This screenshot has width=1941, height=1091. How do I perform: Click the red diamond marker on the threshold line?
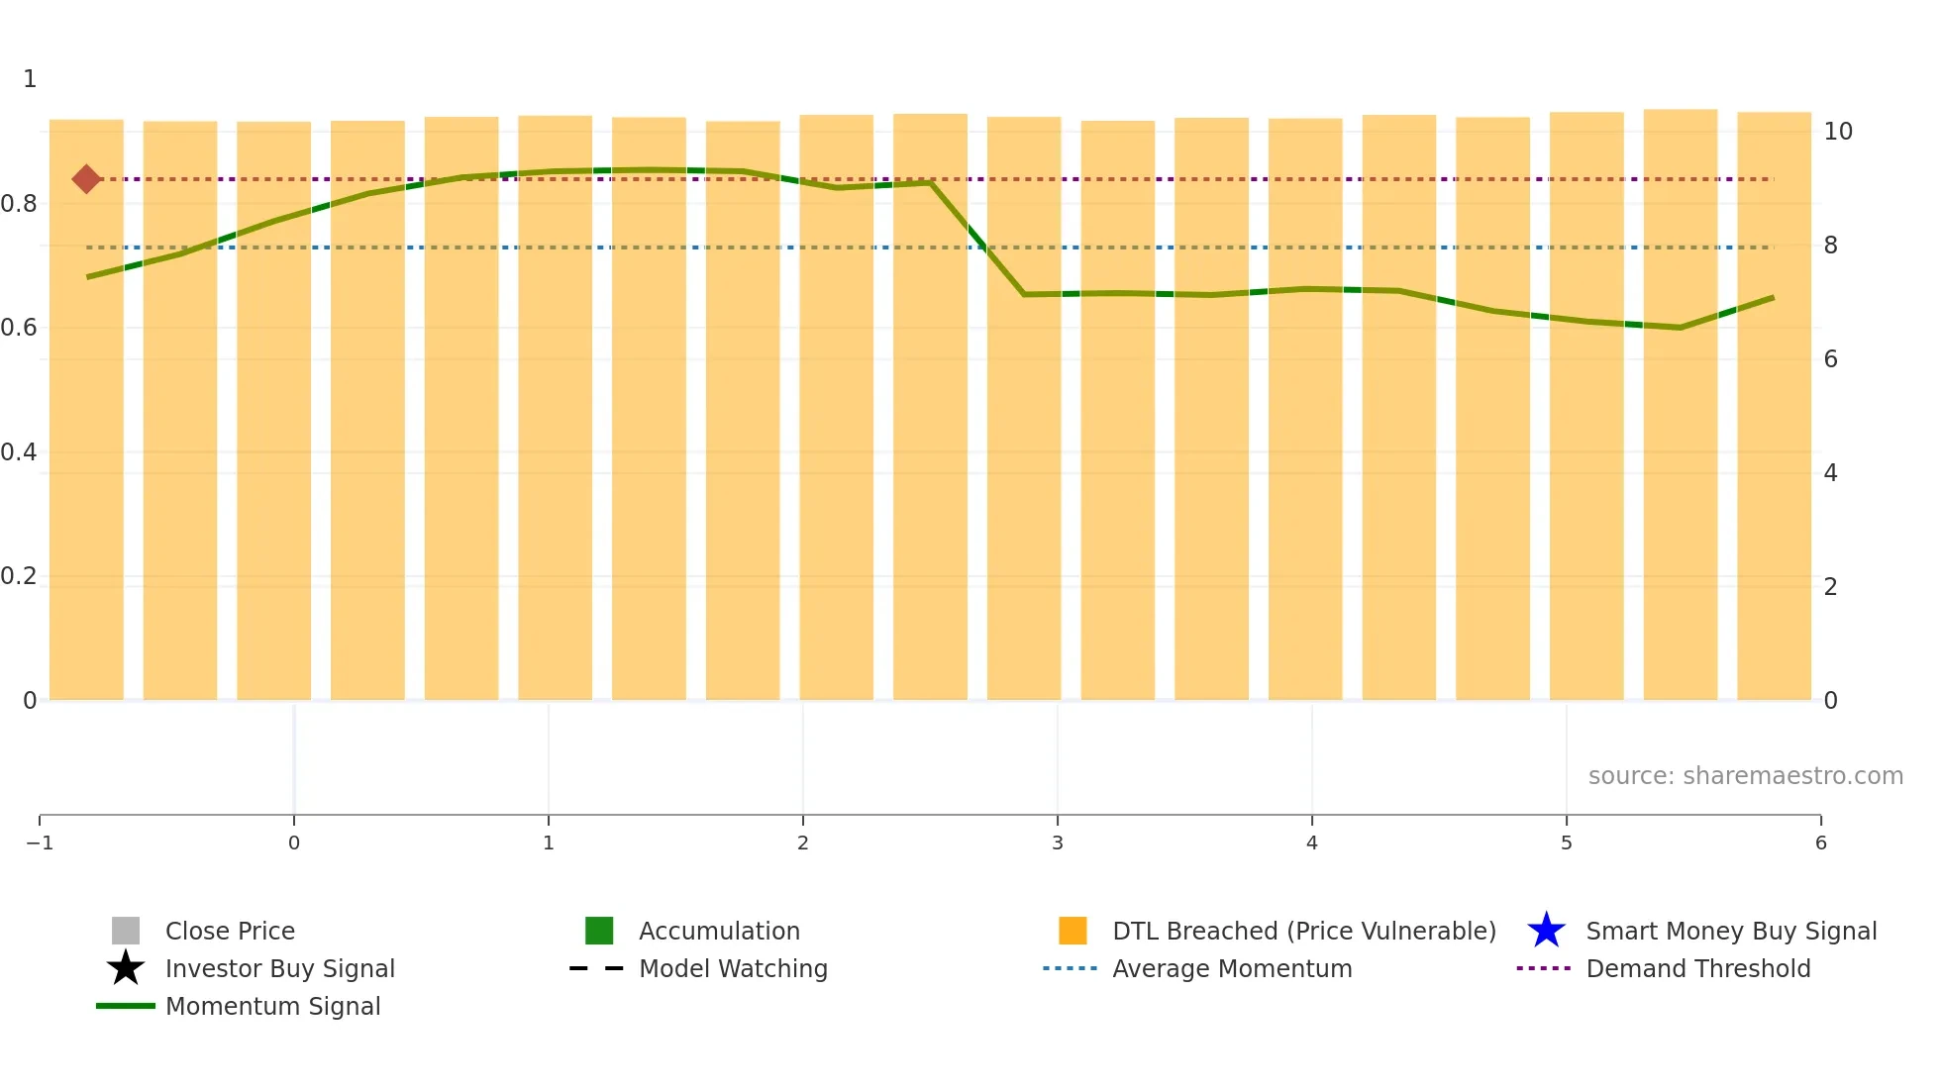pyautogui.click(x=86, y=179)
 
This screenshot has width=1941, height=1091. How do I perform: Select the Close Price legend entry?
pyautogui.click(x=229, y=931)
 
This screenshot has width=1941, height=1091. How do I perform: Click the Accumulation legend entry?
pyautogui.click(x=718, y=931)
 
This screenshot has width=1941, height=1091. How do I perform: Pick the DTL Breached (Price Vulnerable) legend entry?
pyautogui.click(x=1303, y=931)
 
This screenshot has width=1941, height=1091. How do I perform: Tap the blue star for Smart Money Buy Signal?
pyautogui.click(x=1546, y=931)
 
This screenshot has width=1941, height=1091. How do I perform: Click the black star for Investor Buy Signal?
pyautogui.click(x=126, y=968)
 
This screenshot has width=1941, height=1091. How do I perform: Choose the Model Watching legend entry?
pyautogui.click(x=732, y=968)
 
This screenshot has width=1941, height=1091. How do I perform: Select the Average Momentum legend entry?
pyautogui.click(x=1231, y=968)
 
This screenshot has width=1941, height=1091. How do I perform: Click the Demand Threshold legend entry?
pyautogui.click(x=1697, y=968)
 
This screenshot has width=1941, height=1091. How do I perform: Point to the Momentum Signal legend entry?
pyautogui.click(x=272, y=1006)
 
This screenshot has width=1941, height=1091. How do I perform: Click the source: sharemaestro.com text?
pyautogui.click(x=1745, y=775)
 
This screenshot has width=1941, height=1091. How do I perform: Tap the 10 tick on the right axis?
pyautogui.click(x=1838, y=132)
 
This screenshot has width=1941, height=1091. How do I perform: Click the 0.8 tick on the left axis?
pyautogui.click(x=19, y=204)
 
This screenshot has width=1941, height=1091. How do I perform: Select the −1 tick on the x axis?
pyautogui.click(x=40, y=843)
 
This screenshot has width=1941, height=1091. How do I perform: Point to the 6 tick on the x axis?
pyautogui.click(x=1820, y=843)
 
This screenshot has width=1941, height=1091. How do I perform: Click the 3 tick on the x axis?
pyautogui.click(x=1058, y=843)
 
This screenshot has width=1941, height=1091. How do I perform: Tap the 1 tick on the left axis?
pyautogui.click(x=30, y=79)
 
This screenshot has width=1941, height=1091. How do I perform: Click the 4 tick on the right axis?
pyautogui.click(x=1831, y=473)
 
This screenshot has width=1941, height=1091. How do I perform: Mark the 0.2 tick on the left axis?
pyautogui.click(x=19, y=576)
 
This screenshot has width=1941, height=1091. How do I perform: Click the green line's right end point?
pyautogui.click(x=1773, y=297)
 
